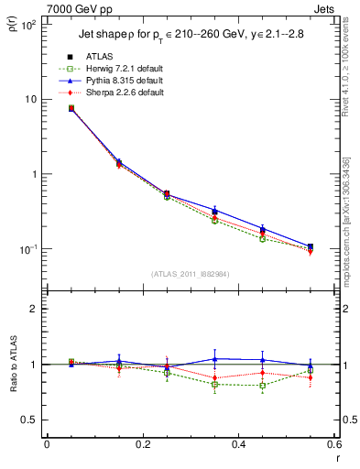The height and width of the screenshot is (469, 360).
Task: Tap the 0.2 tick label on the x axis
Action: pos(142,444)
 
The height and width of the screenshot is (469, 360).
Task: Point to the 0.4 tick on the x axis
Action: pos(238,444)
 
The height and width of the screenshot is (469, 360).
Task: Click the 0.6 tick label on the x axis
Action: pos(333,444)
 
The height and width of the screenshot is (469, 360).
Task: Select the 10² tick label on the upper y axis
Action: pos(28,25)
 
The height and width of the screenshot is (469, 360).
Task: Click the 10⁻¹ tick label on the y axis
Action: pos(27,249)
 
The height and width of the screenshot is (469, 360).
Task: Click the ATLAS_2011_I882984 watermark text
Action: pos(191,274)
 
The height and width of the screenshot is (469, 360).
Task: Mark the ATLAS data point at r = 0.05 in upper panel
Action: pos(71,108)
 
